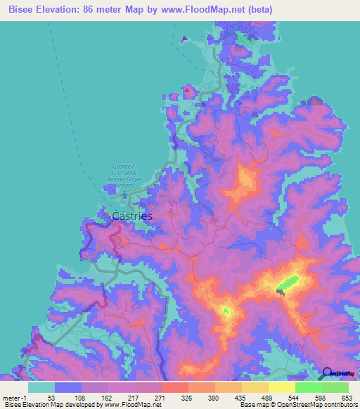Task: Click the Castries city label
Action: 132,216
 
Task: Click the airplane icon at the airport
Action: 125,194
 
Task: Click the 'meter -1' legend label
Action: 14,398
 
